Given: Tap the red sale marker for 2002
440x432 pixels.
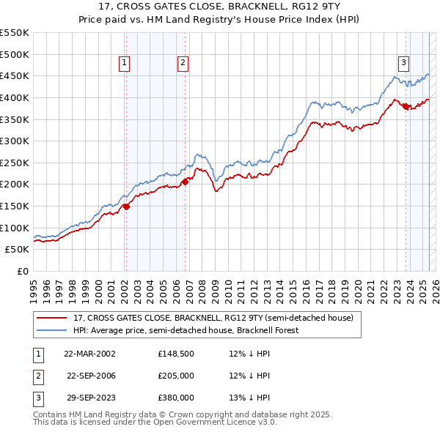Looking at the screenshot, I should point(126,206).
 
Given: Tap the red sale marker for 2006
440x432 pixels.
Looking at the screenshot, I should point(185,182).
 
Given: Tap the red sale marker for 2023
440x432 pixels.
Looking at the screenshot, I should point(406,106).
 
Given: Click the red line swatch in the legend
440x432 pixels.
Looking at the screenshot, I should point(52,318).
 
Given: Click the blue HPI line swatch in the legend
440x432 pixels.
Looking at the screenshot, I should point(52,330).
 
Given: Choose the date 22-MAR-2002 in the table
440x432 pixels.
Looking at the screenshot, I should point(89,354).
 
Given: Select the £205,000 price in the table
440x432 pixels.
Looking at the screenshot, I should point(176,376).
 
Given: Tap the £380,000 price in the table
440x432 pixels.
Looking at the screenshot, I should point(176,398).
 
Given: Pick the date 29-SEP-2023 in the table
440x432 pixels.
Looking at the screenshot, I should point(89,398).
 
